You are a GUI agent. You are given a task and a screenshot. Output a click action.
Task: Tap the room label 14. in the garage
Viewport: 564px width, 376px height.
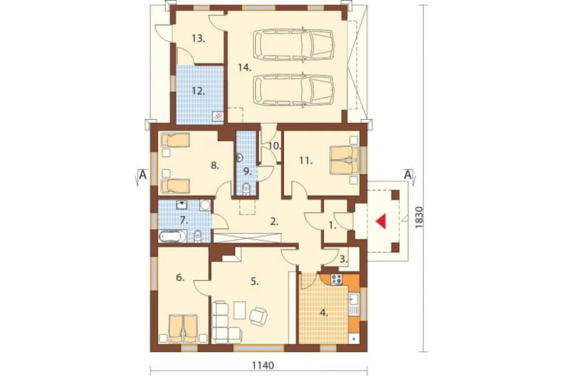tap(245, 67)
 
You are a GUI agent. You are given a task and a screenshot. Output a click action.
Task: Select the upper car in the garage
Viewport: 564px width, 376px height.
tap(293, 44)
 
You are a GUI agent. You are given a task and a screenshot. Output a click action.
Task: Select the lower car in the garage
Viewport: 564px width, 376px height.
tap(293, 91)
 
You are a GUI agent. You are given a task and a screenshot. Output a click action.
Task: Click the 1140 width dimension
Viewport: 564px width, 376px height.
tap(263, 366)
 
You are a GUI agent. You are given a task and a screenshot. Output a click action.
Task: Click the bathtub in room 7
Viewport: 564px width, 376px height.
tap(173, 237)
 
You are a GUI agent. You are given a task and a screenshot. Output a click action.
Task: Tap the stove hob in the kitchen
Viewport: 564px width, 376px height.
tap(337, 279)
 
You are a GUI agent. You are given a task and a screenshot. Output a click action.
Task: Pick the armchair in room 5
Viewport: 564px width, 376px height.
tap(259, 316)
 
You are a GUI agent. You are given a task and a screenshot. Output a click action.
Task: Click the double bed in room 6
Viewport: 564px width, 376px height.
tap(183, 329)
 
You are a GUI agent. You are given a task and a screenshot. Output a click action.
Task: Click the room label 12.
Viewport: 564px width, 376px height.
tap(198, 91)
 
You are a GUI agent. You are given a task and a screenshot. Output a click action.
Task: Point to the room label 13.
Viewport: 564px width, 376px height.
tap(198, 38)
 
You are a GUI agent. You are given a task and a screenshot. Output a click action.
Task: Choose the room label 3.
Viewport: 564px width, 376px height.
tap(343, 258)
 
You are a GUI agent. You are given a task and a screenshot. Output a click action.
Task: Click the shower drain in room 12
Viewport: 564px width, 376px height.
tap(218, 116)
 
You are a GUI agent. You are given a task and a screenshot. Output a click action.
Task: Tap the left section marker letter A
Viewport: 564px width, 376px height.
tap(143, 175)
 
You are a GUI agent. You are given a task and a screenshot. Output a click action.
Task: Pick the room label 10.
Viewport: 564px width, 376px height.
tap(275, 146)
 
